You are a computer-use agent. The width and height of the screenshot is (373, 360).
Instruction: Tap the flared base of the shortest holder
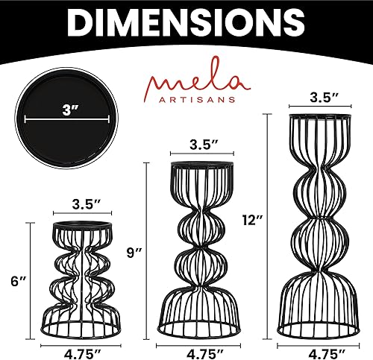pos(87,309)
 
